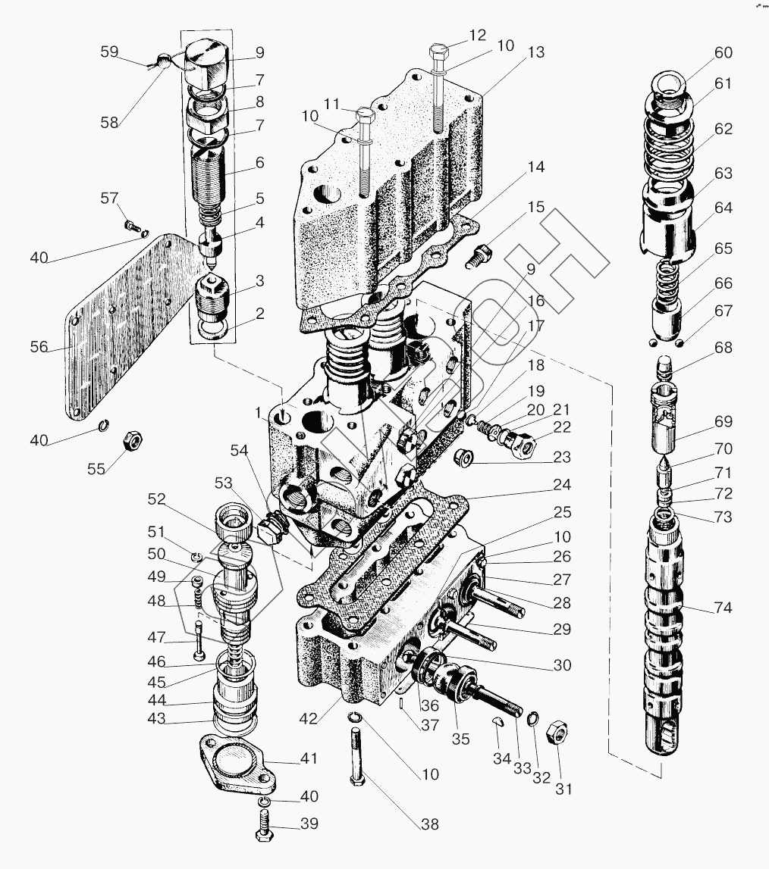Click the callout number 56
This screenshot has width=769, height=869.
click(39, 347)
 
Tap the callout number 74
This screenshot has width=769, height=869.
click(723, 608)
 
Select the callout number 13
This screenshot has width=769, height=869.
click(536, 53)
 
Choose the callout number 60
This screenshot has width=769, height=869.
click(723, 52)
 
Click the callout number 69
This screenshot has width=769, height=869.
click(723, 422)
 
